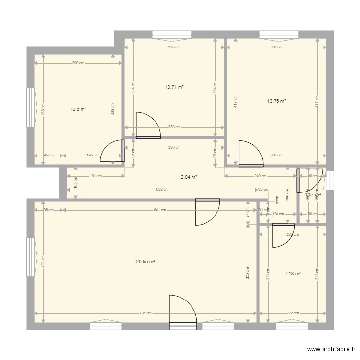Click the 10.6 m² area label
78,109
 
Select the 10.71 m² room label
174,87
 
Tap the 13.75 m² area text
276,101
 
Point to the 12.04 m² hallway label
188,177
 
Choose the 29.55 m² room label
145,262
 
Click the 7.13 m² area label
292,273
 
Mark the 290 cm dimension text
78,63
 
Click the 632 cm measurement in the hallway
162,189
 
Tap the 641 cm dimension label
160,210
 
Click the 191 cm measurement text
96,176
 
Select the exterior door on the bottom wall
183,312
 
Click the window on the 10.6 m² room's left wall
31,108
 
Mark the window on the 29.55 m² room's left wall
31,257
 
